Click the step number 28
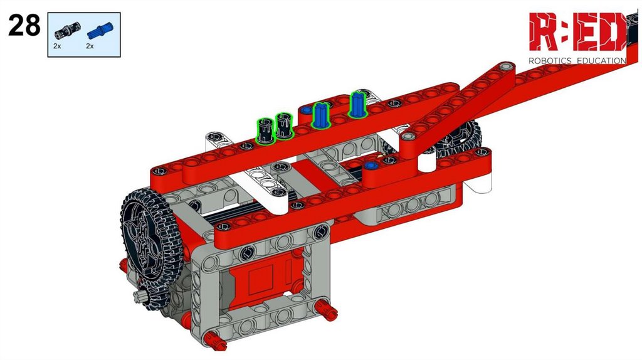pos(24,25)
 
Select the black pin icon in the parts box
pos(68,31)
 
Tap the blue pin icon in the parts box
pos(100,30)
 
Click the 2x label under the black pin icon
pos(57,46)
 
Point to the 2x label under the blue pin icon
pos(90,46)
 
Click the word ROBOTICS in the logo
pos(550,61)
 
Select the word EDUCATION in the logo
pos(601,61)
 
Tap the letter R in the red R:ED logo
pos(544,31)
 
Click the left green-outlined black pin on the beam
pos(265,130)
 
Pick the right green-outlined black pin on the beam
pos(284,125)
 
